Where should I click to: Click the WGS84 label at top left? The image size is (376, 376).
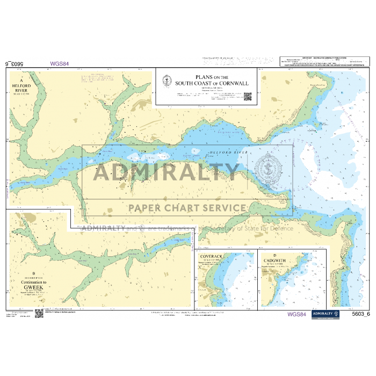pyautogui.click(x=59, y=63)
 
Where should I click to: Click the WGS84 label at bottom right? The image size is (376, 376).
pyautogui.click(x=297, y=314)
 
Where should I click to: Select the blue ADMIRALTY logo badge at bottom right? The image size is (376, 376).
pyautogui.click(x=325, y=314)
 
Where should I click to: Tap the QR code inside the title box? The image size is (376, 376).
pyautogui.click(x=248, y=97)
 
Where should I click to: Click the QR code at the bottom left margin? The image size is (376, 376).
pyautogui.click(x=39, y=313)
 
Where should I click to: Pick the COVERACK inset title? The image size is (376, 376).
pyautogui.click(x=211, y=257)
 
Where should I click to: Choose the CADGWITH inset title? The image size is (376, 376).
pyautogui.click(x=275, y=260)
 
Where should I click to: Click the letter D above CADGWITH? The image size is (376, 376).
pyautogui.click(x=275, y=255)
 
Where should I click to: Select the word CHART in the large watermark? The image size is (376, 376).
pyautogui.click(x=179, y=208)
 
